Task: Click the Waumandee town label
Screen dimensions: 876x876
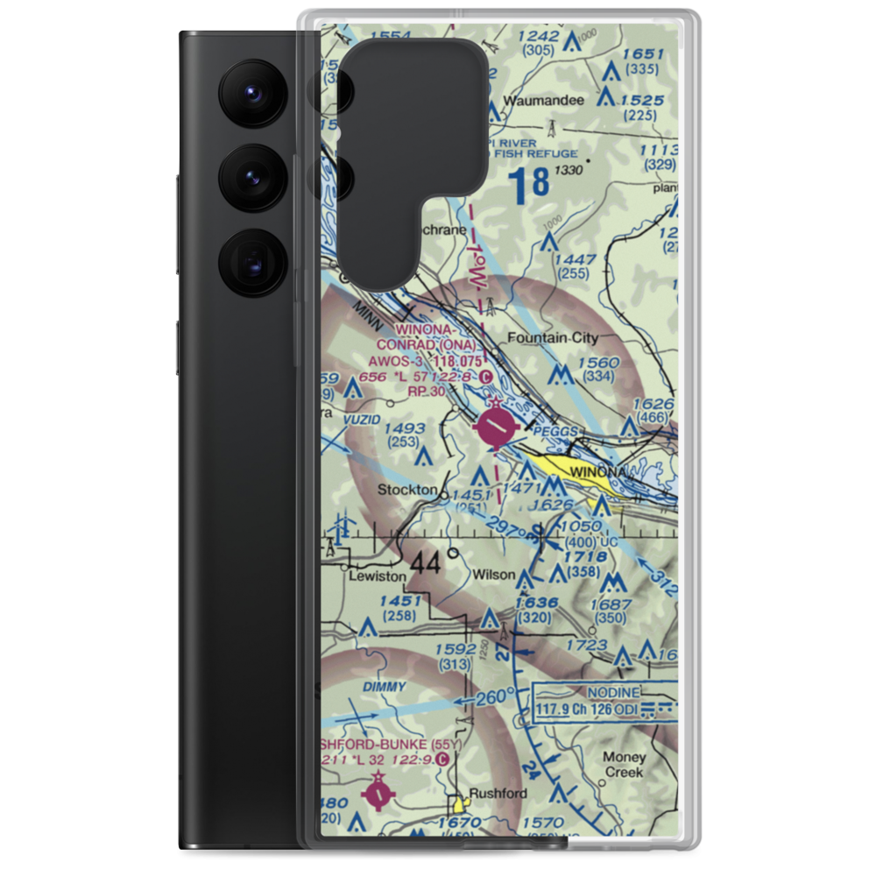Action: [x=548, y=100]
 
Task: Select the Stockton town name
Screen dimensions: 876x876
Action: [x=406, y=490]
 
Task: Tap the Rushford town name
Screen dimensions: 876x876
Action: [x=498, y=794]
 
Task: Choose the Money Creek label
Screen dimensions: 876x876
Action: [x=624, y=764]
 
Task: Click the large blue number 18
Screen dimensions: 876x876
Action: [x=529, y=184]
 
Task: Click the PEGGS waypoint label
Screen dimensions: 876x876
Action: [x=559, y=432]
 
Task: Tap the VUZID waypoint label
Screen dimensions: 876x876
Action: [x=362, y=420]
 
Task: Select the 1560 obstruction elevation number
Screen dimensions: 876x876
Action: [x=598, y=363]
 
